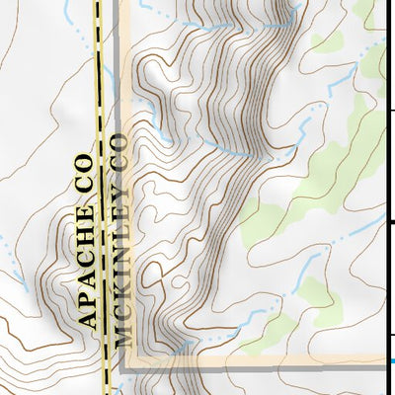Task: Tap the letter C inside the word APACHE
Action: coord(87,246)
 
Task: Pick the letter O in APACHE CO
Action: coord(85,158)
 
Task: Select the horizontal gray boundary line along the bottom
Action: coord(257,366)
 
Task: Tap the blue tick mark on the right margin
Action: coord(391,361)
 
